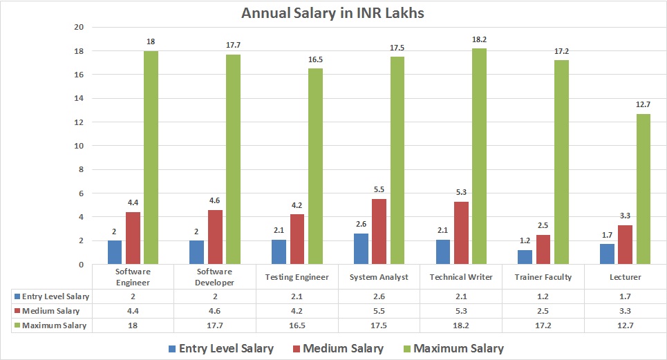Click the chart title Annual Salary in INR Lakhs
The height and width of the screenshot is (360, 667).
click(332, 13)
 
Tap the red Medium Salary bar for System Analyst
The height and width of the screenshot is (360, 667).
click(379, 231)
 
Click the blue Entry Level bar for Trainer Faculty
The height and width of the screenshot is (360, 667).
click(525, 257)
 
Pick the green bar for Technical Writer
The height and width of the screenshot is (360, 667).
click(480, 156)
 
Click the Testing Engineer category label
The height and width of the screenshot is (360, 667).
click(297, 277)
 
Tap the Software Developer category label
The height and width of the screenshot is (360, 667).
click(215, 277)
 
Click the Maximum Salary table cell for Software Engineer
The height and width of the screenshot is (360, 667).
click(133, 325)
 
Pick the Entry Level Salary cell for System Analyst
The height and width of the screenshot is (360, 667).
click(379, 296)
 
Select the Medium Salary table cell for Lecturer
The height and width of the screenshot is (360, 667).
click(625, 310)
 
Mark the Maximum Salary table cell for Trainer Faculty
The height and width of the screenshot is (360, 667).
click(543, 325)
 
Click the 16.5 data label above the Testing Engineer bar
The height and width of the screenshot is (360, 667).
click(315, 60)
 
